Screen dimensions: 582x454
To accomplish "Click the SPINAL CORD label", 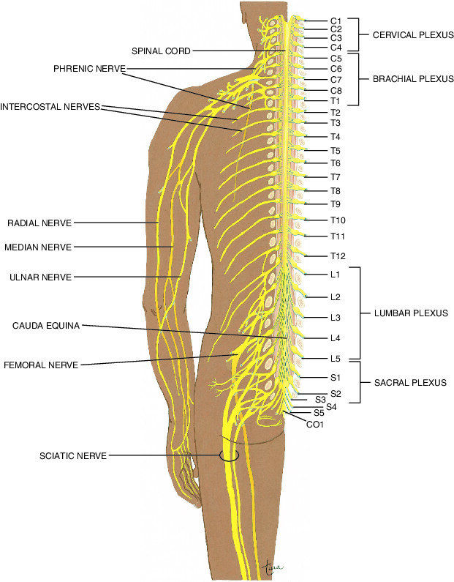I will click(161, 51).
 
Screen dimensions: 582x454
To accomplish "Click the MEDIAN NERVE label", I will click(38, 247).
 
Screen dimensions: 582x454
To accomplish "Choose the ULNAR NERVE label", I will click(41, 277).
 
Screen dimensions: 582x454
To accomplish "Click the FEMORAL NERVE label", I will click(40, 364).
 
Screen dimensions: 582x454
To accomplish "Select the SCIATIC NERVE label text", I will click(73, 455).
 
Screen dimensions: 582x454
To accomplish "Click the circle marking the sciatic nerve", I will click(229, 455).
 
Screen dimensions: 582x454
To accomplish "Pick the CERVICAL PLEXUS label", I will click(414, 34).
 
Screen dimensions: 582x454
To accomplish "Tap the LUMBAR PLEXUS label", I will click(410, 313).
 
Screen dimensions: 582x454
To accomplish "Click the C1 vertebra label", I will click(336, 22).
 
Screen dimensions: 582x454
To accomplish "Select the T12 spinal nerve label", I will click(337, 255).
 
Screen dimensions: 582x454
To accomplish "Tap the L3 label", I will click(336, 318).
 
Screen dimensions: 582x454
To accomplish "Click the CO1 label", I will click(315, 423).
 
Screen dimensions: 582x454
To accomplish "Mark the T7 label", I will click(336, 177).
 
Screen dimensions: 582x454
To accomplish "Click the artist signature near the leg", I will click(272, 565).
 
